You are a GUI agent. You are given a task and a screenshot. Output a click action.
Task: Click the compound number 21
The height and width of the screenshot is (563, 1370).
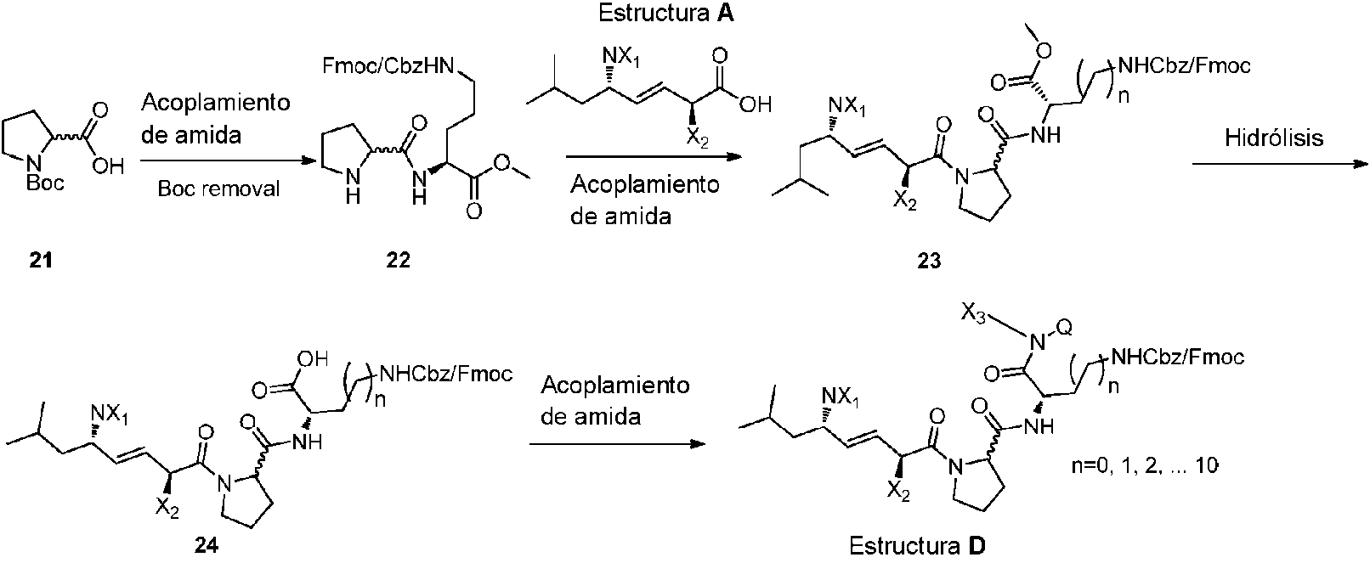pos(41,261)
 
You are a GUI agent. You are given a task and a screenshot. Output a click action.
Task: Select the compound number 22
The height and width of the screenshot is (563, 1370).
pos(398,261)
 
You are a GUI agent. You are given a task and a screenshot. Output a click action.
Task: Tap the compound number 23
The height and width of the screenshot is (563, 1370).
pos(929,261)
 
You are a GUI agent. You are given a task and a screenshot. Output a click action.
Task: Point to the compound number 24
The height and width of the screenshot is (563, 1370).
pos(207,544)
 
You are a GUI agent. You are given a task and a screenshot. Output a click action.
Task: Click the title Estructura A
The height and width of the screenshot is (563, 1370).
pos(666,13)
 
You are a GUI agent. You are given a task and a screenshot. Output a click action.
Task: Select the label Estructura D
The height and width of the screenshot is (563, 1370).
pos(917,545)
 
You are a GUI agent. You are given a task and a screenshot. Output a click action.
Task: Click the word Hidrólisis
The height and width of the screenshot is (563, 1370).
pos(1274,138)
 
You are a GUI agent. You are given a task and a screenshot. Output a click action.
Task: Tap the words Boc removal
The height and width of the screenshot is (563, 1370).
pos(218,189)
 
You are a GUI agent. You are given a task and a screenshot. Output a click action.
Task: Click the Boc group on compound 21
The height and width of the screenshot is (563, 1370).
pos(45,182)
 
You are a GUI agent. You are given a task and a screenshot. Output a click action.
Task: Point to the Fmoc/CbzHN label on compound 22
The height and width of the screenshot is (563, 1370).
pos(389,65)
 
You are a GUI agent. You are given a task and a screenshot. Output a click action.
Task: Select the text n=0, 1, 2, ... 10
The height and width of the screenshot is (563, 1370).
pos(1145,466)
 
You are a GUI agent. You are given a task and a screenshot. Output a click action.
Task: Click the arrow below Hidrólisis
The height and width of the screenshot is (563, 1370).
pos(1279,164)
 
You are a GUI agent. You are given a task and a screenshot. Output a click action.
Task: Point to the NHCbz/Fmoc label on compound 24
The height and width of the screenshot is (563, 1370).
pos(446,373)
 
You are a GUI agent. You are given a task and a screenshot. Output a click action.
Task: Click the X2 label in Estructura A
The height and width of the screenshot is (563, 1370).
pos(697,138)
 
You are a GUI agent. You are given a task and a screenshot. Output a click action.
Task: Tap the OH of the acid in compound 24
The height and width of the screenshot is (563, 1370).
pos(313,358)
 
